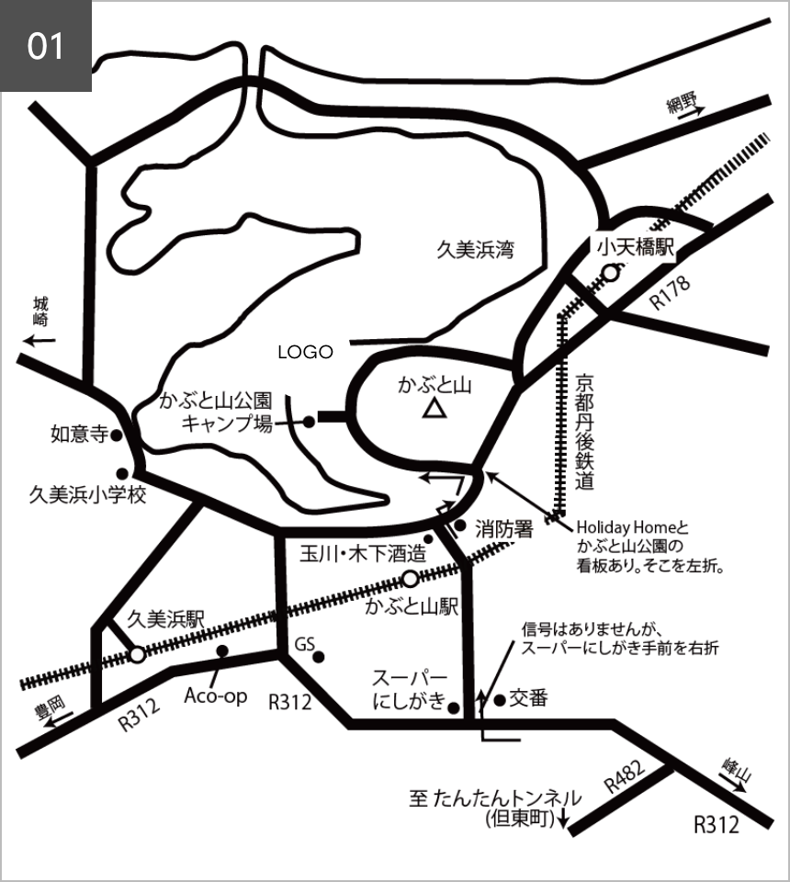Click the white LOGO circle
305,352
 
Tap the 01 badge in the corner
46,46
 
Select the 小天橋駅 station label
636,247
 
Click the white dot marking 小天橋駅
610,273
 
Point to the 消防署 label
504,530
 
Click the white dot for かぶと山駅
411,579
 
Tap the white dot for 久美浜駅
137,654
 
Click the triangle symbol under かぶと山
433,409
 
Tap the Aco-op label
216,696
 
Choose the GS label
305,647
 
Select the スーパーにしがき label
410,693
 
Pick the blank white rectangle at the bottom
617,862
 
